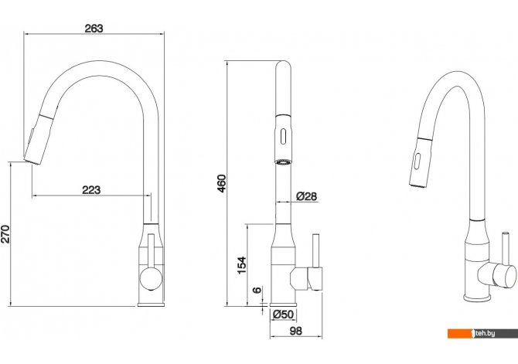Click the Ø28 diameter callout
[x=305, y=197]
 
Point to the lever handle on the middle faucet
[x=315, y=255]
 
